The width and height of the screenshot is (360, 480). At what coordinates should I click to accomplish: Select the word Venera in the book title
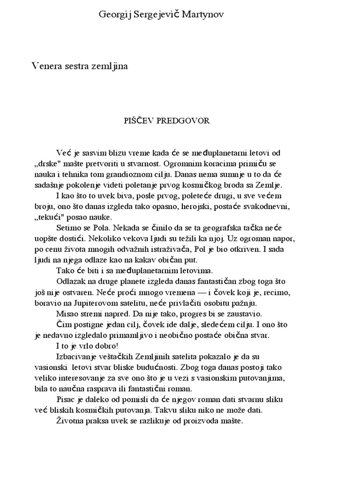[46, 67]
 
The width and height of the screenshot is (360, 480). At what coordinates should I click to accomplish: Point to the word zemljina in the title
[111, 67]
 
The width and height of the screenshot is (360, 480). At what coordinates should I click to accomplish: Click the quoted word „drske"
[50, 164]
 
